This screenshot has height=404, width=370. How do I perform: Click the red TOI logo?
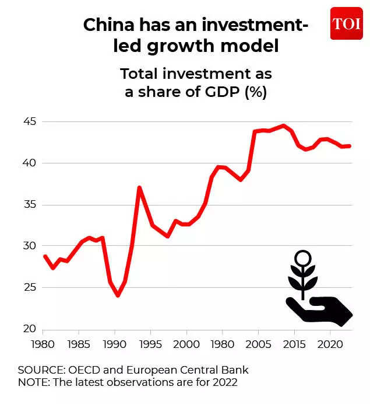(x=346, y=23)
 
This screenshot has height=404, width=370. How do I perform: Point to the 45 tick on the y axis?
(x=29, y=122)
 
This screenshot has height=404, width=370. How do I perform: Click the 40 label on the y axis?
(x=29, y=163)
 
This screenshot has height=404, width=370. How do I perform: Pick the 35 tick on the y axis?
(x=29, y=204)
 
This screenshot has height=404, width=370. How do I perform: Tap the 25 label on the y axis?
(x=29, y=287)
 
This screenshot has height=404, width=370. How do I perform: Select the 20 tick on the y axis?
(x=29, y=329)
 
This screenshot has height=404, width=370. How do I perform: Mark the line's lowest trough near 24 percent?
(x=118, y=295)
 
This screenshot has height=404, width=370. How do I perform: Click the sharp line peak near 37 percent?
(x=139, y=187)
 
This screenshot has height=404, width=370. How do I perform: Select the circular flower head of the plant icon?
(x=302, y=258)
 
